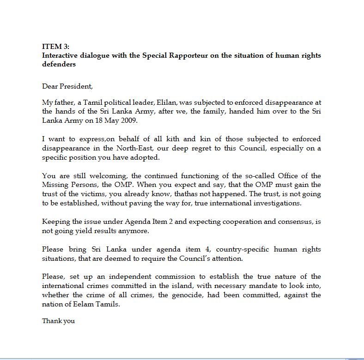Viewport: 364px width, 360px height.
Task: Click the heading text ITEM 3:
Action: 55,47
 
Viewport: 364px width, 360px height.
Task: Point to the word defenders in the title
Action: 59,64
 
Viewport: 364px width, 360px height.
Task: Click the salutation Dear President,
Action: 67,86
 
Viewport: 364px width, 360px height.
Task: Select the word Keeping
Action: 54,222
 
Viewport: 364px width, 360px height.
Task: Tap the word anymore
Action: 134,230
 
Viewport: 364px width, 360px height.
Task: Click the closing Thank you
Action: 58,321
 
